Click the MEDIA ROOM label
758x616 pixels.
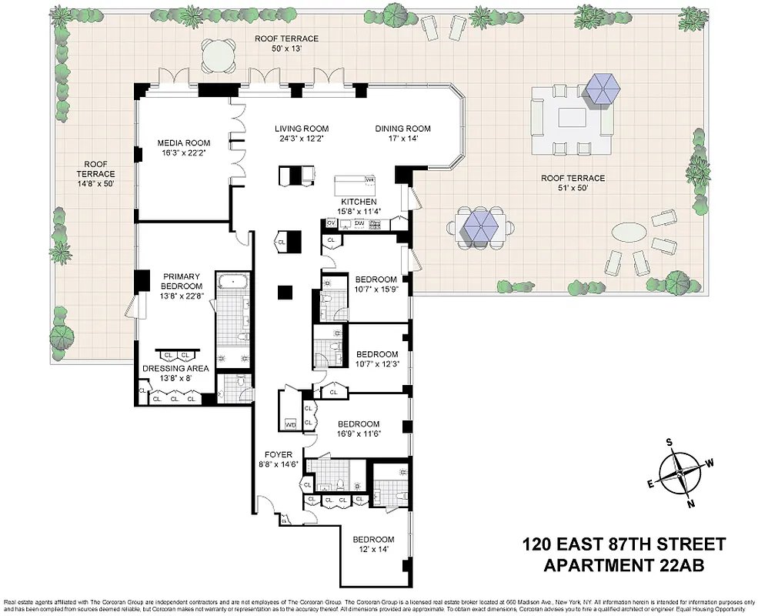coord(184,143)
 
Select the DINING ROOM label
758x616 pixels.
coord(402,129)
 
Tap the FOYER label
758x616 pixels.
coord(275,454)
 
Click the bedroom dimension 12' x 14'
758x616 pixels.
coord(373,549)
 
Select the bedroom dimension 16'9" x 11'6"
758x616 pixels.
coord(359,434)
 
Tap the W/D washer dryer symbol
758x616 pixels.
coord(291,424)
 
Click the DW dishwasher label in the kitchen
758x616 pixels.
coord(359,223)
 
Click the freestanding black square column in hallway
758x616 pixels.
coord(286,292)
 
